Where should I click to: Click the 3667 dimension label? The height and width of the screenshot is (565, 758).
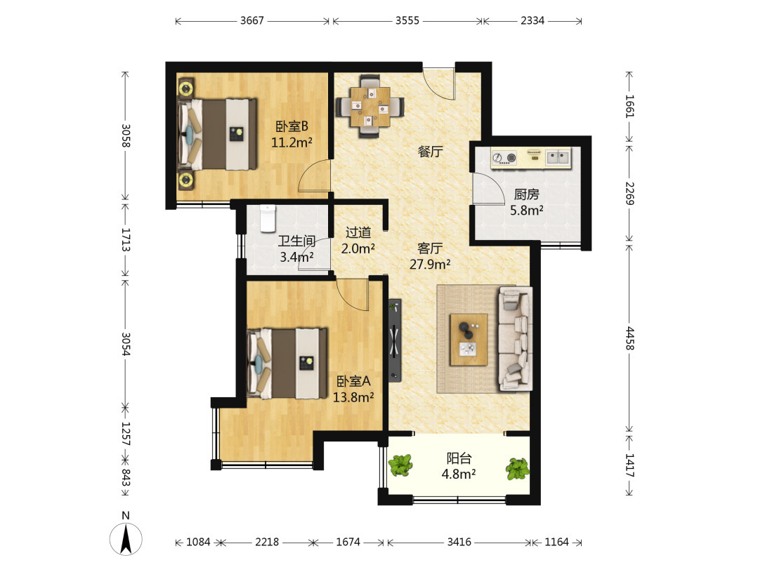point(252,21)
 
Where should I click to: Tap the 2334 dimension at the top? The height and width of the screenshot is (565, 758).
point(532,21)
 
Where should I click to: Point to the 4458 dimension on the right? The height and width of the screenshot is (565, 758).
point(629,338)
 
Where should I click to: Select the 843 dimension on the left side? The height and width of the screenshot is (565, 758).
point(125,477)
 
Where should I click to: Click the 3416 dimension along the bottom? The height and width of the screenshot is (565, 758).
point(459,542)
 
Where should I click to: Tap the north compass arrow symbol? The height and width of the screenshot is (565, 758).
point(126,538)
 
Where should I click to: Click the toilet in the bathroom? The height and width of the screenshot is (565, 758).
point(268,218)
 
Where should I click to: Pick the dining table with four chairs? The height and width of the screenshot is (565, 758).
point(370,106)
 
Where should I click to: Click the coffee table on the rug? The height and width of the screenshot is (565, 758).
point(469,340)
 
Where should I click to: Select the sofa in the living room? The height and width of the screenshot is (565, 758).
point(516,338)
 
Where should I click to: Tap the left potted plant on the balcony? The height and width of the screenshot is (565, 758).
point(400,465)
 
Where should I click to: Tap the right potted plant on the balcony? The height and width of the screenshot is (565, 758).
point(517,469)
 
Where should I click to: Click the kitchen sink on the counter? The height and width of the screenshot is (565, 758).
point(558,157)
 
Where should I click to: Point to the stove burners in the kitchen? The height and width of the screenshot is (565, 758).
point(504,158)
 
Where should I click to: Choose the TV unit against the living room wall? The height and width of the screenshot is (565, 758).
point(395,340)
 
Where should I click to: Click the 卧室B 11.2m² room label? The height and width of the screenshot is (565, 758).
point(292,134)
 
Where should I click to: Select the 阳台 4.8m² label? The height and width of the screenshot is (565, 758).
point(458,466)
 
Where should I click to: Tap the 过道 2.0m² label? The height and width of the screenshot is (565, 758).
point(358,241)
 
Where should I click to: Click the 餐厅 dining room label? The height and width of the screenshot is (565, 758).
point(430,152)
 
